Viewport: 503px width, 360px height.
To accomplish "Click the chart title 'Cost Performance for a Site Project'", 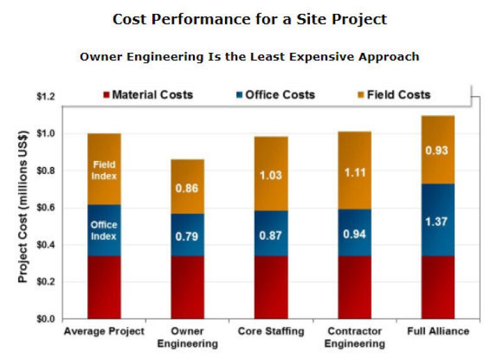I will [250, 19].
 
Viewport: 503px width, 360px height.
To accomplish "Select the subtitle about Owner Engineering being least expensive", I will [249, 57].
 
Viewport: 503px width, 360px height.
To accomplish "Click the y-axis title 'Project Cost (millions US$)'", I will [24, 207].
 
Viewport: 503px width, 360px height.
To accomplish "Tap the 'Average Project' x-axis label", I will [104, 331].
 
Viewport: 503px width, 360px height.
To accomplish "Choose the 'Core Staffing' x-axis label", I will [271, 331].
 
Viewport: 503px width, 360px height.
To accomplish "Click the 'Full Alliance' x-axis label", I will [438, 331].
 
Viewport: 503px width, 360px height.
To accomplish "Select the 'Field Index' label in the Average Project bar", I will [104, 170].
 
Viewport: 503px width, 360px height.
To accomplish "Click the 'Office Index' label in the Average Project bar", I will [104, 230].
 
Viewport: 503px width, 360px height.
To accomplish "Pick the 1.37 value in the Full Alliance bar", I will [438, 221].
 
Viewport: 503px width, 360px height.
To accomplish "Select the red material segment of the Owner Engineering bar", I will [187, 287].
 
